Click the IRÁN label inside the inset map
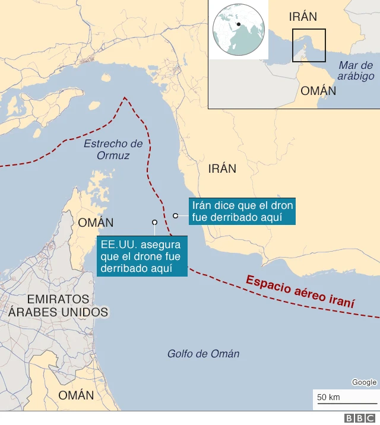click(x=303, y=17)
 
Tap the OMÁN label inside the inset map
click(x=318, y=91)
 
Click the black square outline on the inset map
click(x=309, y=45)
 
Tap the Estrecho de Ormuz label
click(x=113, y=150)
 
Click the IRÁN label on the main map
click(x=222, y=169)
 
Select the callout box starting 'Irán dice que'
click(x=242, y=211)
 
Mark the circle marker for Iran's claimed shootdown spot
click(x=176, y=215)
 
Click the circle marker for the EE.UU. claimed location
click(x=154, y=223)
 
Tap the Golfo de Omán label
click(x=203, y=354)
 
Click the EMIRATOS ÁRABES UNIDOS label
click(x=58, y=306)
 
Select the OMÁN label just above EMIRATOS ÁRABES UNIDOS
click(x=96, y=223)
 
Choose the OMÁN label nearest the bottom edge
click(x=76, y=395)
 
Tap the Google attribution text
click(x=364, y=382)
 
